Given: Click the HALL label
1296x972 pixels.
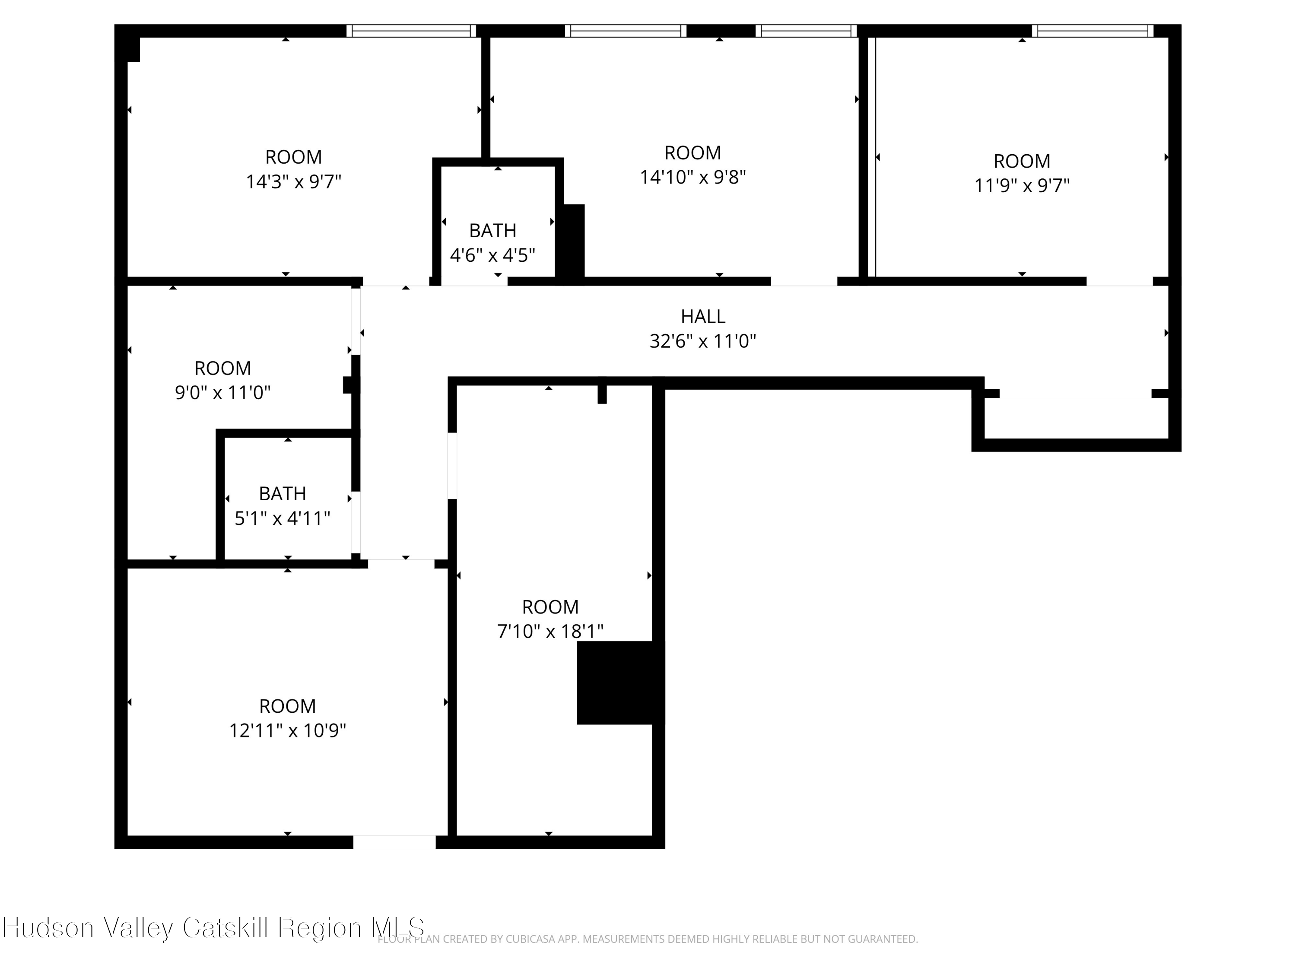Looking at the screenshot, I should point(702,316).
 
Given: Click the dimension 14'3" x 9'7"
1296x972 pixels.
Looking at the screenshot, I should point(293,181).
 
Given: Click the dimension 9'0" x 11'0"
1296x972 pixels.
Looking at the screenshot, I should point(222,393).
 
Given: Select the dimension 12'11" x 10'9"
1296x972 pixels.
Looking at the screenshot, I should point(287,731).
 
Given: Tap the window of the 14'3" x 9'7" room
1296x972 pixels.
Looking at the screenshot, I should point(411,31).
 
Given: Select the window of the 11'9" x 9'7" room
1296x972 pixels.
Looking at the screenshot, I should point(1092,31).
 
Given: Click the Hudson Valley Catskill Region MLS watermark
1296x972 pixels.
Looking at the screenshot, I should point(213,928).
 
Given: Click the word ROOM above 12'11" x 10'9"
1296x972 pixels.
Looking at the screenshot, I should point(287,706).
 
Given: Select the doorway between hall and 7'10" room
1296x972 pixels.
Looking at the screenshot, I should point(452,466).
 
